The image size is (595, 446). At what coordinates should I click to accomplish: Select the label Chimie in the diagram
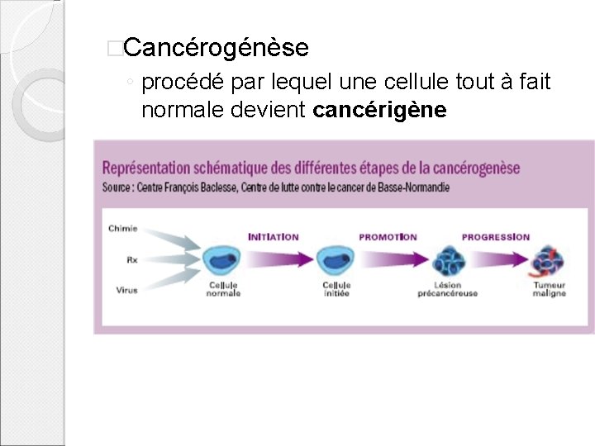pos(124,229)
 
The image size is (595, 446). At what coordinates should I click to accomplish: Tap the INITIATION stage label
pos(273,237)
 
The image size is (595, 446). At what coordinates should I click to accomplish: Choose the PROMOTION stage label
pos(388,237)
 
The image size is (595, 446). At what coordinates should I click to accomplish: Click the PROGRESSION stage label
pos(495,237)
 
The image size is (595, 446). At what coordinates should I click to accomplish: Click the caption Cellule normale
pos(223,289)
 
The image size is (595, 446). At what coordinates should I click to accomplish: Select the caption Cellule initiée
pos(336,289)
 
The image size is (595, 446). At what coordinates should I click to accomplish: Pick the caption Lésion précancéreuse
pos(447,289)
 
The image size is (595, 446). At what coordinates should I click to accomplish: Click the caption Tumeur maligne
pos(549,289)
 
